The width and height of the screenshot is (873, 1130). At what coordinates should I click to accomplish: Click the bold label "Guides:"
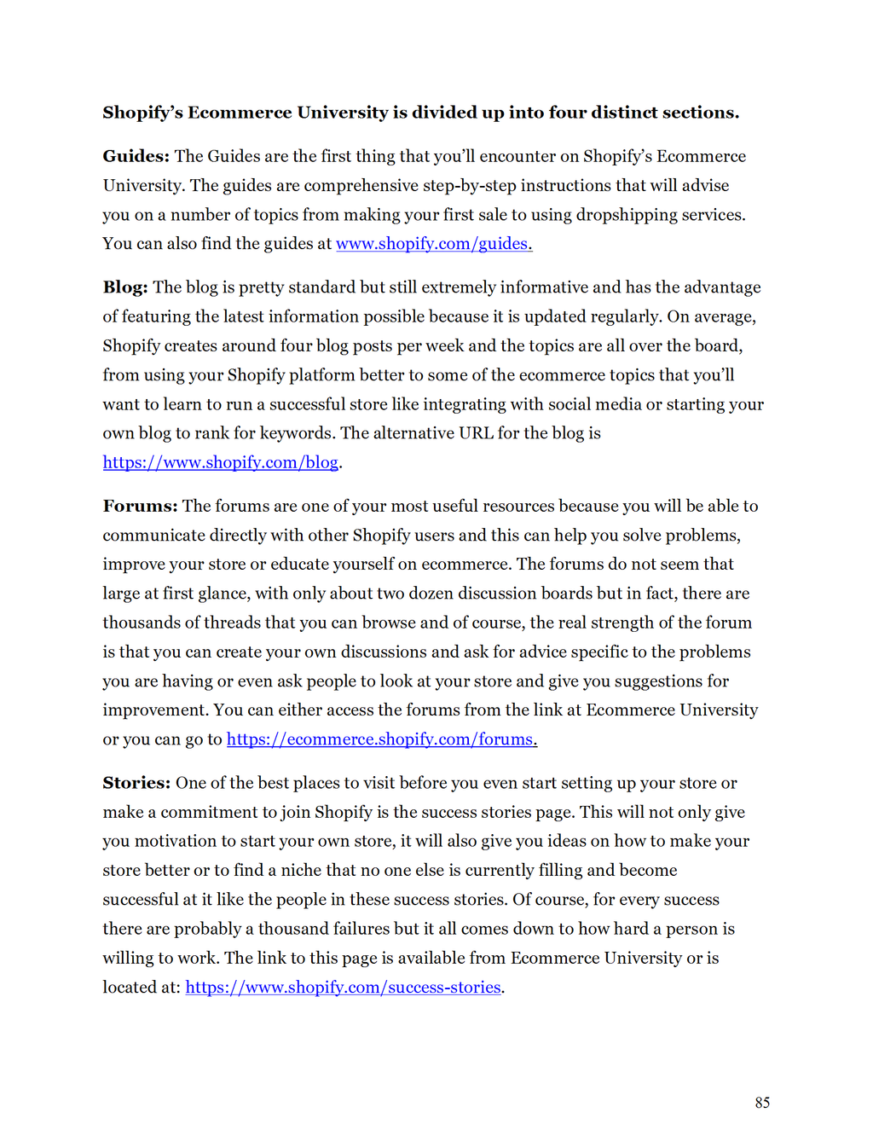click(x=136, y=156)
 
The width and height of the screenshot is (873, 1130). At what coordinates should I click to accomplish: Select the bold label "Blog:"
click(x=125, y=287)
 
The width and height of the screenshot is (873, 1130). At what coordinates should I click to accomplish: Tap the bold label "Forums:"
click(x=140, y=506)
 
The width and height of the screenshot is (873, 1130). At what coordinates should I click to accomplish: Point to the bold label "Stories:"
click(x=136, y=783)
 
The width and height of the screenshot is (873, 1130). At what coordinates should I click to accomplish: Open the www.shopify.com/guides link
click(x=433, y=244)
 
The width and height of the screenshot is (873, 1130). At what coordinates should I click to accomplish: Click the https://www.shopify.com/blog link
click(x=221, y=462)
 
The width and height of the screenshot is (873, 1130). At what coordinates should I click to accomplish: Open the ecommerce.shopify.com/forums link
click(x=381, y=739)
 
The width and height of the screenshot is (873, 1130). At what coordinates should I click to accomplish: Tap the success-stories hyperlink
click(x=343, y=988)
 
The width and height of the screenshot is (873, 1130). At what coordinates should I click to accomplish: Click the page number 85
click(x=762, y=1103)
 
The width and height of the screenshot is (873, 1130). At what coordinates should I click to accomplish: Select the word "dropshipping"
click(x=630, y=215)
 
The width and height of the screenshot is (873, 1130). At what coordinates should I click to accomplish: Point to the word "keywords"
click(x=296, y=433)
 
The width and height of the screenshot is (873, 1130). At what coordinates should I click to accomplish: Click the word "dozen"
click(x=429, y=594)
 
